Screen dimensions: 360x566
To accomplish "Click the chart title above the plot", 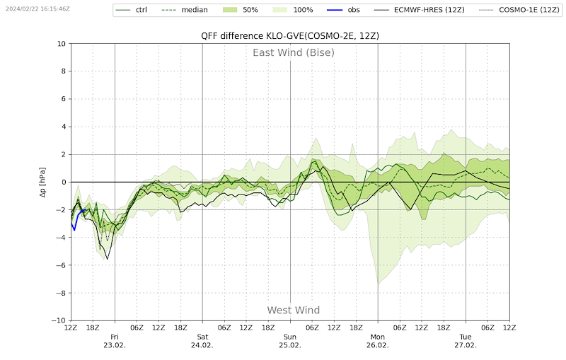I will click(x=290, y=36).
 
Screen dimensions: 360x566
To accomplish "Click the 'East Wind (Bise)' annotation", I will click(x=294, y=52).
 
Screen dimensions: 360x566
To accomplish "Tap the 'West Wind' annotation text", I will click(x=293, y=310).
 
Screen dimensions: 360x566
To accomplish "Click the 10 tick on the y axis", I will click(x=61, y=44).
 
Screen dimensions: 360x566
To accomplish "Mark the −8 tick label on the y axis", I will click(x=59, y=293).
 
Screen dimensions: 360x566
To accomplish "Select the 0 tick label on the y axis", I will click(x=63, y=182).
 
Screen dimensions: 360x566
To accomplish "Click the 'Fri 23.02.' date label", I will click(x=115, y=341).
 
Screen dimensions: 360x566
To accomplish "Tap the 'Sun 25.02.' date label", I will click(x=290, y=341).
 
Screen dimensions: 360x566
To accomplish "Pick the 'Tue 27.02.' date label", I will click(x=466, y=341).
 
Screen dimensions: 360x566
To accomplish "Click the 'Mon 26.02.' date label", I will click(x=378, y=341).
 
